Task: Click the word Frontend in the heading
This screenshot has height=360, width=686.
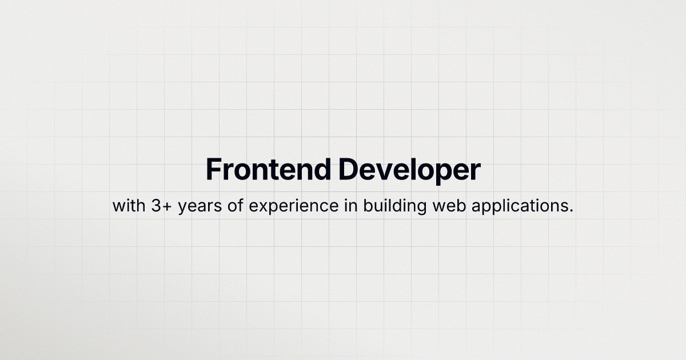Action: [x=268, y=170]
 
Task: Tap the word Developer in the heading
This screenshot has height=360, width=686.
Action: [x=409, y=170]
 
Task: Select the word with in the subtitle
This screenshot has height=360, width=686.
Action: [x=129, y=206]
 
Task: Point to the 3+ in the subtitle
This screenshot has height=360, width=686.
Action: [x=162, y=206]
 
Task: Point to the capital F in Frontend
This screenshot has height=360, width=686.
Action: [x=213, y=170]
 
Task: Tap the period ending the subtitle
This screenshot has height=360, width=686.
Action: [x=571, y=211]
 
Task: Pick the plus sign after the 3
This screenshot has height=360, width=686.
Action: [x=168, y=206]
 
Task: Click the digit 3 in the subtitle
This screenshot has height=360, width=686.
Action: [x=157, y=206]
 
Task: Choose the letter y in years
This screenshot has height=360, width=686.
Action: [x=182, y=208]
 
